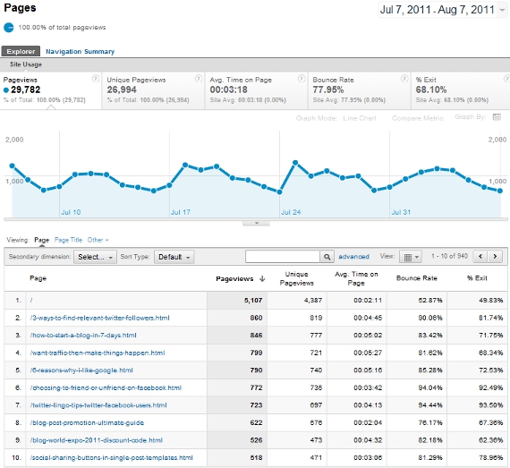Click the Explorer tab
21,52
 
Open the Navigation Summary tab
80,52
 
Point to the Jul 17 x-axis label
180,212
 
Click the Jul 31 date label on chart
400,212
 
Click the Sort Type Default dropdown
174,257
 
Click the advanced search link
353,257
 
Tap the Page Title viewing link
68,240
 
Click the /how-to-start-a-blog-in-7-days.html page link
83,335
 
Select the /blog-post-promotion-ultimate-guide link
86,421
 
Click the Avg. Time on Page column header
356,278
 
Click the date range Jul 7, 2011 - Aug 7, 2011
438,11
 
